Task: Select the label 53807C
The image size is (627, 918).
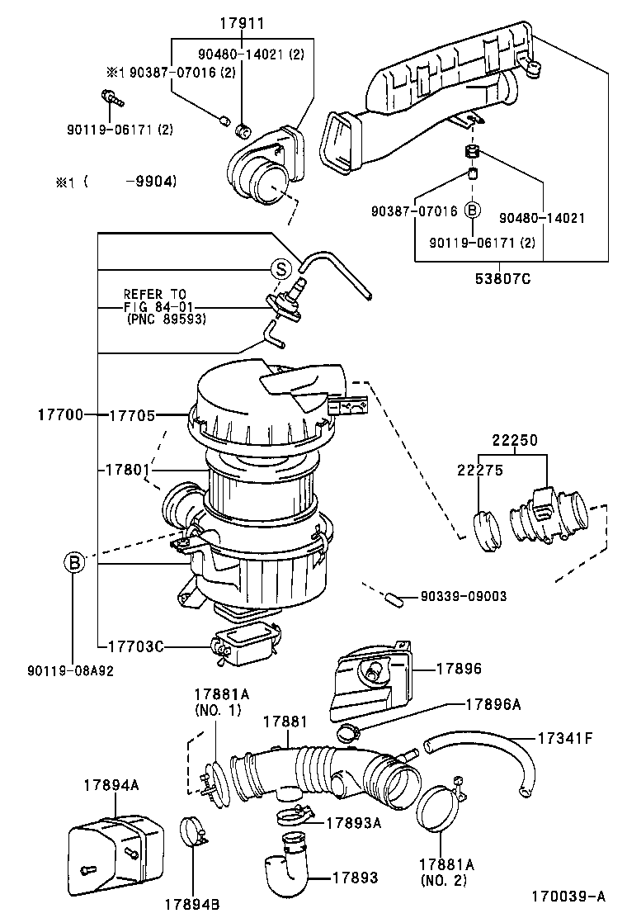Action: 502,278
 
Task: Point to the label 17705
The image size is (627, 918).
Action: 131,414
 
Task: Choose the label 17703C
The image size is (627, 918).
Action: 135,646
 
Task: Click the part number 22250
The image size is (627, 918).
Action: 516,441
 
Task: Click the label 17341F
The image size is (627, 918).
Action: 565,737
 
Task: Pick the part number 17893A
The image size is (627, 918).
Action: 353,821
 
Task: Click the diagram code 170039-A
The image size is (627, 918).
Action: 568,895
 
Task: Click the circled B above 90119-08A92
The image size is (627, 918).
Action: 73,563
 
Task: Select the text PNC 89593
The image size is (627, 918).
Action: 166,319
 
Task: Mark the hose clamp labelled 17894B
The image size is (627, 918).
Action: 194,833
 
